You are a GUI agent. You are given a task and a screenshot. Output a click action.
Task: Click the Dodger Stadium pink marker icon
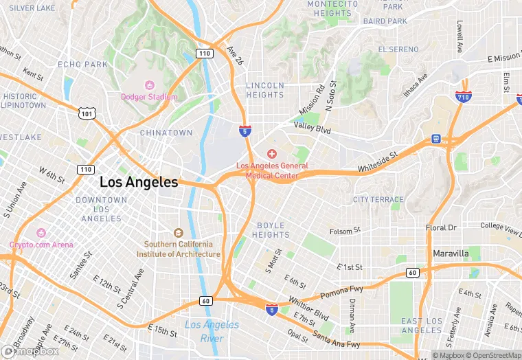point(149,85)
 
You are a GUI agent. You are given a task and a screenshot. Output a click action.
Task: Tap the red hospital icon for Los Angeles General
point(272,154)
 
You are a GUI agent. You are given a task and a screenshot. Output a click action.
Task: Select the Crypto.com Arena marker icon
point(41,233)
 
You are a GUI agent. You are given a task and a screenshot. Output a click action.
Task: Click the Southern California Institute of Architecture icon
point(179,233)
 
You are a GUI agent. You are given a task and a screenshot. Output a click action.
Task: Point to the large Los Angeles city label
point(139,183)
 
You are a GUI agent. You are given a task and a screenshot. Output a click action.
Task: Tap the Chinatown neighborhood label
point(166,133)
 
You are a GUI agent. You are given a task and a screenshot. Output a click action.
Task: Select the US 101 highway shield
point(86,112)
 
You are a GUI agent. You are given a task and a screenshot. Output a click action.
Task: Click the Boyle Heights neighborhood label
point(273,230)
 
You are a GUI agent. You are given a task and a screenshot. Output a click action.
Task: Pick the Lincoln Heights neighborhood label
point(265,90)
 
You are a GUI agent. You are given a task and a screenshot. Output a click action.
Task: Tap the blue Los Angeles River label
point(212,331)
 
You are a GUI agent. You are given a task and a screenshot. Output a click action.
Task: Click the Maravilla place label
point(451,254)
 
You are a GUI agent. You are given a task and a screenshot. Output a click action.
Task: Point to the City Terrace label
point(378,200)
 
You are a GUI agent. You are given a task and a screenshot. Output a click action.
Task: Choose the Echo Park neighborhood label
point(82,65)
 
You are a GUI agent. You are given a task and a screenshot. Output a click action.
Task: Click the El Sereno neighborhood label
point(398,49)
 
